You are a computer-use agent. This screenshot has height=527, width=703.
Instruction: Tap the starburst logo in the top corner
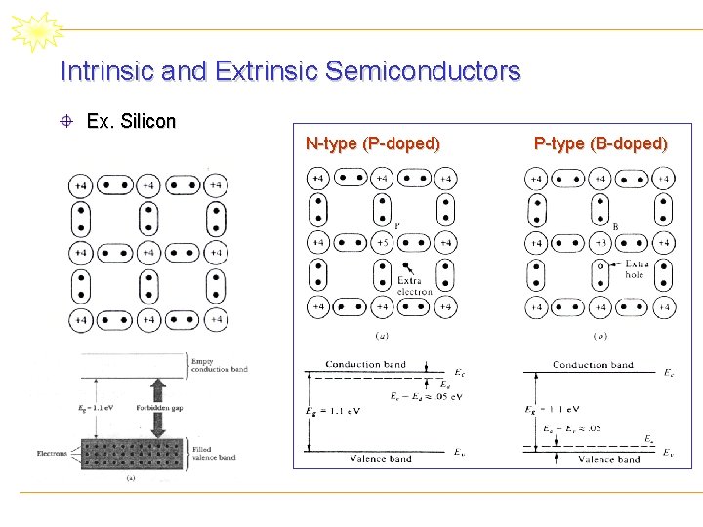tap(36, 31)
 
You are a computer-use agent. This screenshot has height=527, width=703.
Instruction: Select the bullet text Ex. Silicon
tap(131, 122)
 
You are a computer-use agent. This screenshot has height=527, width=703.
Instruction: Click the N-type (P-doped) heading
tap(372, 144)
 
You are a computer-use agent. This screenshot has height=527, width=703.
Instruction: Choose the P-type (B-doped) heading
tap(600, 144)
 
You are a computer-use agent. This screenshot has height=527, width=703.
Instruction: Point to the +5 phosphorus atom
tap(382, 242)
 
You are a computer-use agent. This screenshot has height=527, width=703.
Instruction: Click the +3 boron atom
tap(600, 242)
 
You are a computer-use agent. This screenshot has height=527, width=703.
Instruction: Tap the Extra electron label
tap(415, 286)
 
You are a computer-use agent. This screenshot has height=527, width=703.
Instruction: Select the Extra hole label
tap(636, 269)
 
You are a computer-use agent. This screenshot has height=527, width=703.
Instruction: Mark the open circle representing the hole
tap(600, 264)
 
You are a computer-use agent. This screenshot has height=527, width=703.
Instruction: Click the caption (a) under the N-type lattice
tap(382, 336)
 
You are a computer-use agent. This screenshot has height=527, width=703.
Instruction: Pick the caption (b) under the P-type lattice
tap(600, 336)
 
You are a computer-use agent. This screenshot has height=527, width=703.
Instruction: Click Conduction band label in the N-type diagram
tap(365, 365)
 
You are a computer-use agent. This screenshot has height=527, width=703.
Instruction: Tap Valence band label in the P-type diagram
tap(609, 459)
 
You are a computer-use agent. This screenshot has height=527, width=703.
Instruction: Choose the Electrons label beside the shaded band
tap(52, 454)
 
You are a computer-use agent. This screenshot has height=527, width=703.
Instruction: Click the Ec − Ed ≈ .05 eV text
tap(425, 396)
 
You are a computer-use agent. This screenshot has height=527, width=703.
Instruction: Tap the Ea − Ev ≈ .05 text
tap(572, 428)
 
